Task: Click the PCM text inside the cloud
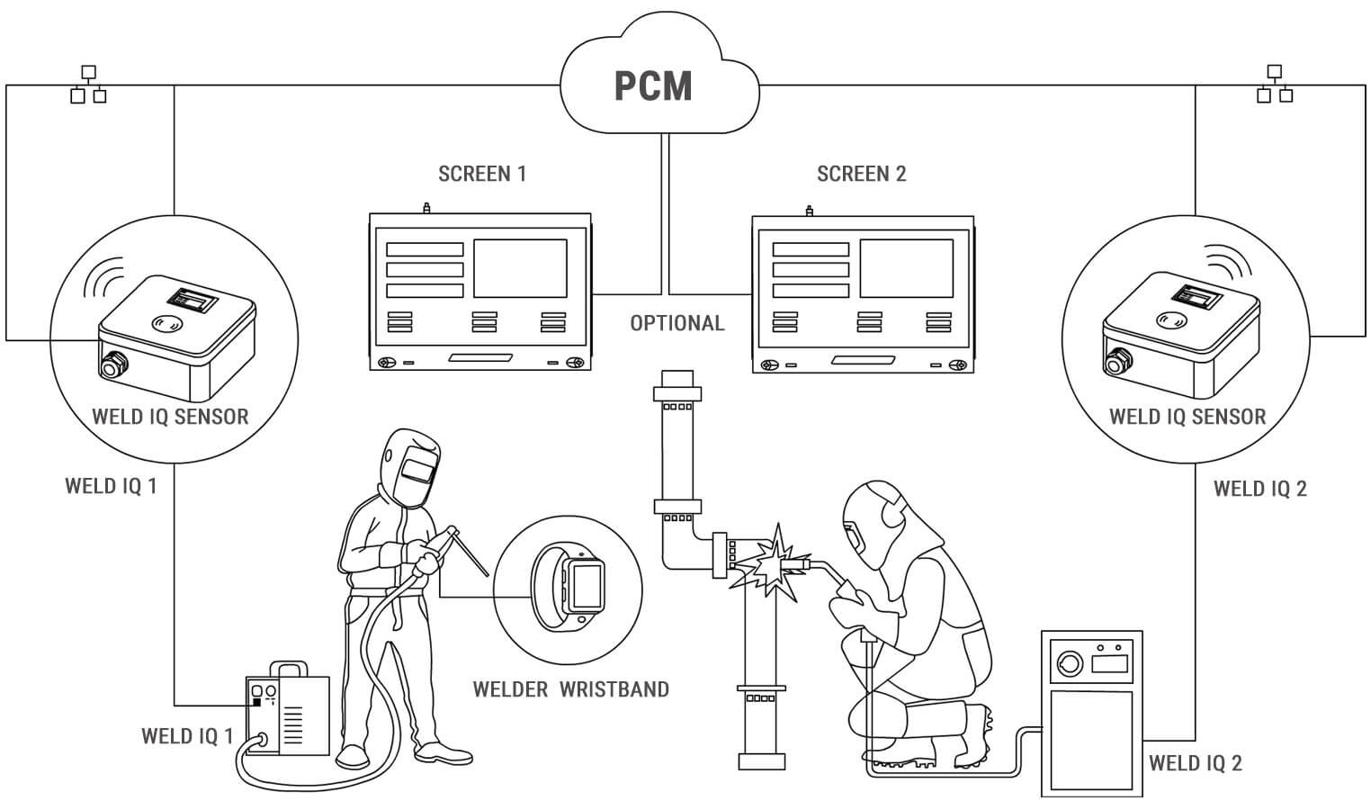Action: tap(653, 85)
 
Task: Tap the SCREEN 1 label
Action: tap(482, 174)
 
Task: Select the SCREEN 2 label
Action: tap(861, 174)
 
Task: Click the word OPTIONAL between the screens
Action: tap(677, 323)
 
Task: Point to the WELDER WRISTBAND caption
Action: tap(571, 689)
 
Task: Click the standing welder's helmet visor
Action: tap(417, 468)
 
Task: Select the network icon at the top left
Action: tap(88, 84)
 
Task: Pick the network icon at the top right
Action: tap(1274, 84)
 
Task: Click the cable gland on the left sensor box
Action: tap(113, 364)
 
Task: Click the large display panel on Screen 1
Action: tap(520, 268)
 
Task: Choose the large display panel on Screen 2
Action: tap(906, 268)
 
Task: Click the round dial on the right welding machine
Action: tap(1068, 664)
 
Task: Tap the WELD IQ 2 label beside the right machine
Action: tap(1195, 763)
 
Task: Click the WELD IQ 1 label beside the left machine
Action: tap(187, 736)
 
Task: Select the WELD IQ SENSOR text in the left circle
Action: tap(170, 417)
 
